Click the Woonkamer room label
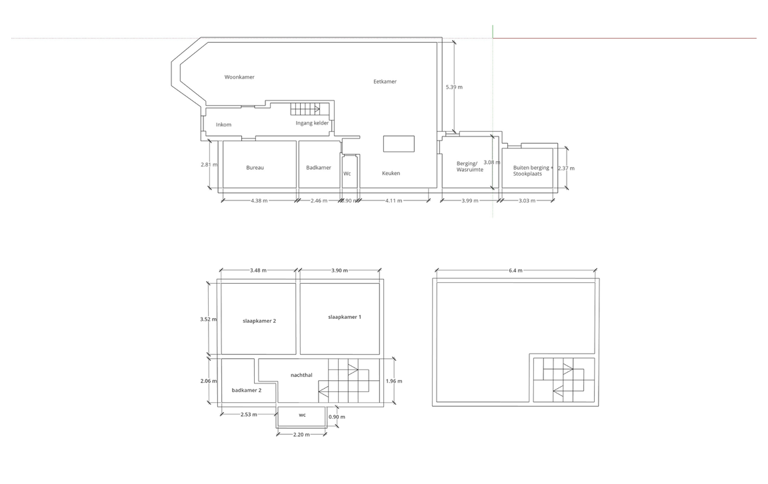(x=239, y=77)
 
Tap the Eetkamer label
(x=385, y=82)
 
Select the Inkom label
(x=223, y=124)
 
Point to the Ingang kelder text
(x=312, y=122)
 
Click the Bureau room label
(x=255, y=168)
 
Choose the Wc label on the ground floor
(x=347, y=174)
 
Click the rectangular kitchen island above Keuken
(x=399, y=144)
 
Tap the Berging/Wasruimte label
(x=467, y=166)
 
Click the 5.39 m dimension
(x=454, y=87)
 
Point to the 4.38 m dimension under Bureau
(x=259, y=200)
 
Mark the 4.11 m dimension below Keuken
(x=393, y=200)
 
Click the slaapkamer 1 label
(x=345, y=317)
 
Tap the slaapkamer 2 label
(x=259, y=321)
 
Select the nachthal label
(x=301, y=375)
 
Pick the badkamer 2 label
(x=247, y=390)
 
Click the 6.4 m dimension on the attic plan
(x=515, y=270)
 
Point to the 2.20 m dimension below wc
(x=301, y=435)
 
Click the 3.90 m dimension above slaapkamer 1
(x=340, y=270)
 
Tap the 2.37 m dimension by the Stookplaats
(x=566, y=168)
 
